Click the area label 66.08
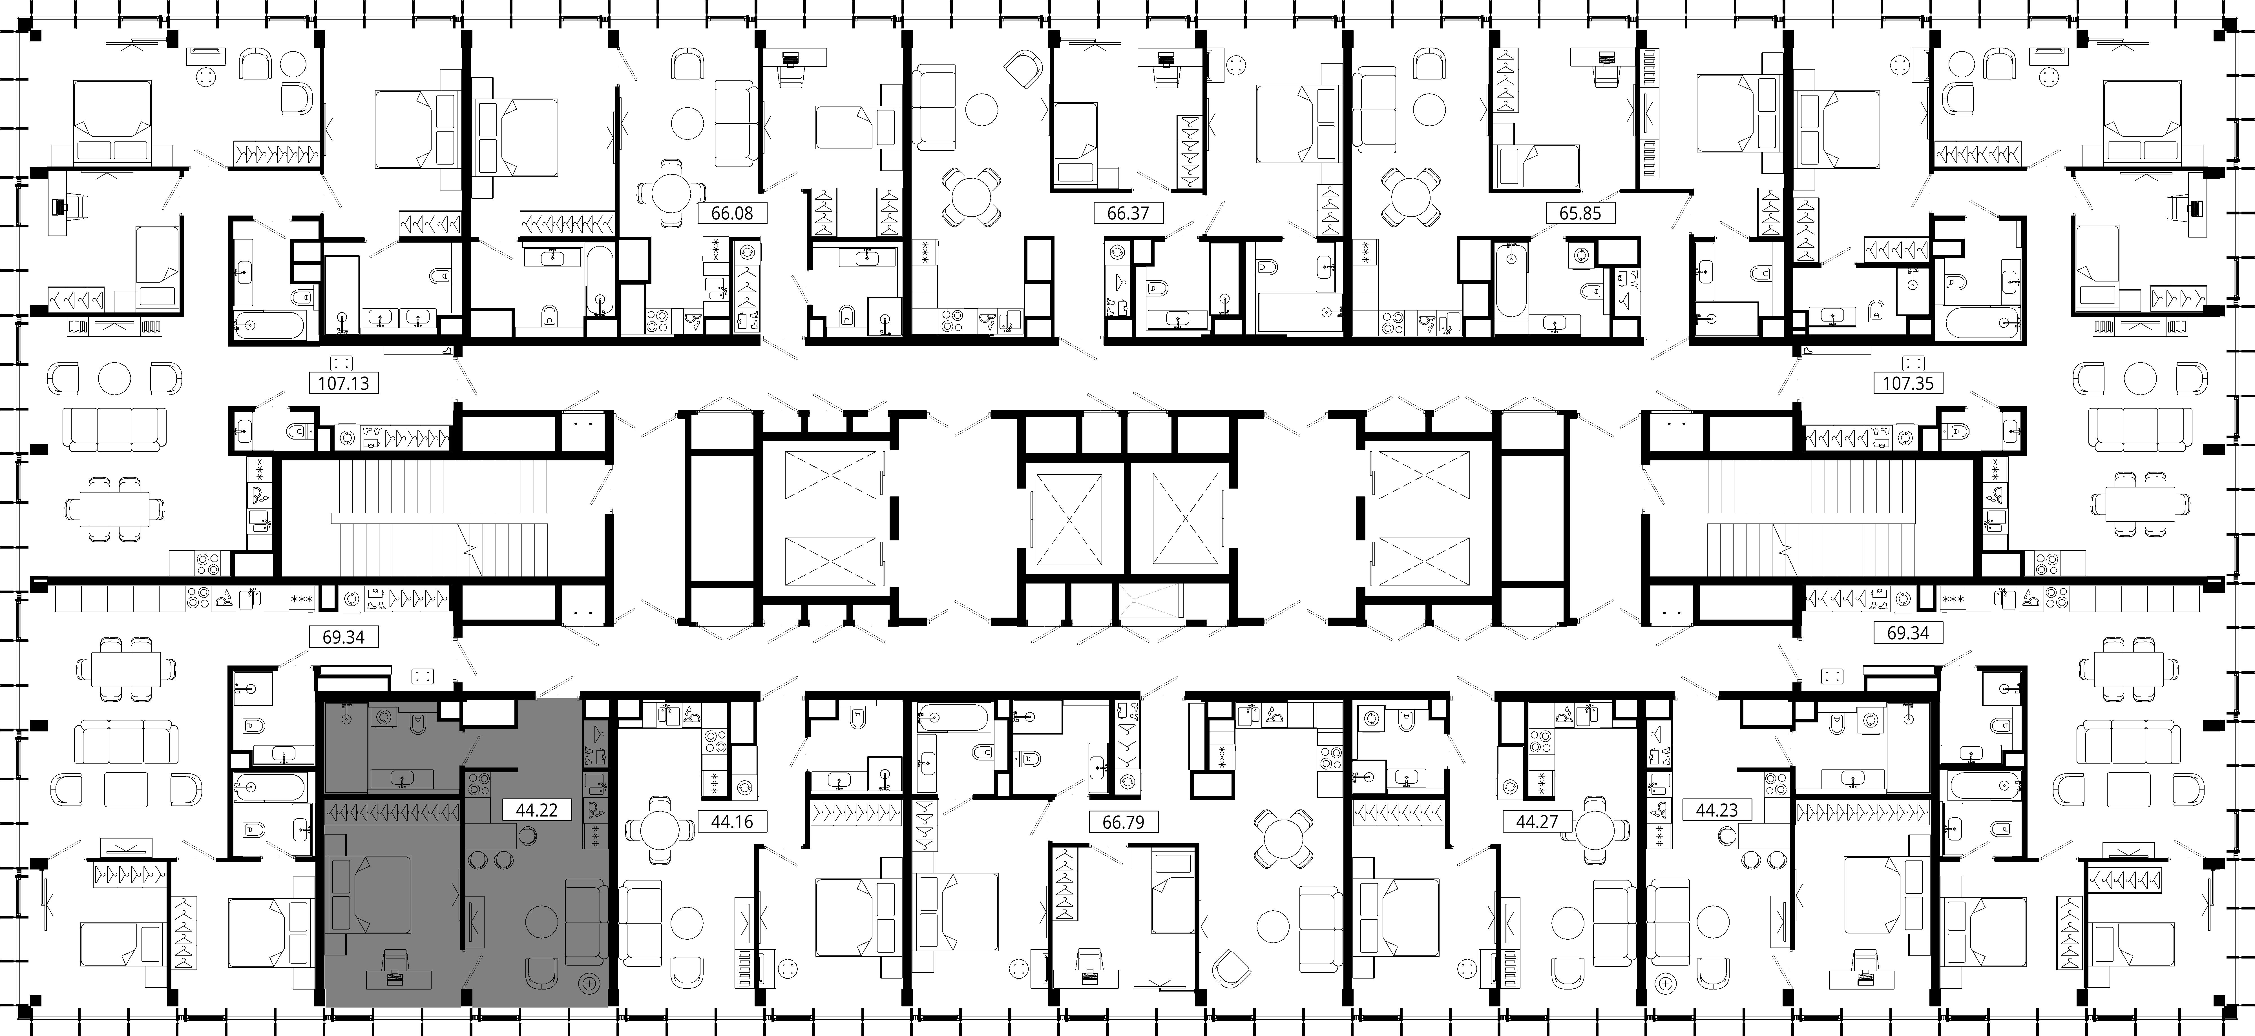(x=732, y=213)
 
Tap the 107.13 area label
(x=343, y=382)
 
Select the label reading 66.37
(x=1127, y=213)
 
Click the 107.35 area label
(x=1908, y=382)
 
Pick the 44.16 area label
(x=732, y=822)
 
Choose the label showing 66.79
(x=1123, y=822)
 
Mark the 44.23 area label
(x=1717, y=810)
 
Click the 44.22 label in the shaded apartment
(x=537, y=810)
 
